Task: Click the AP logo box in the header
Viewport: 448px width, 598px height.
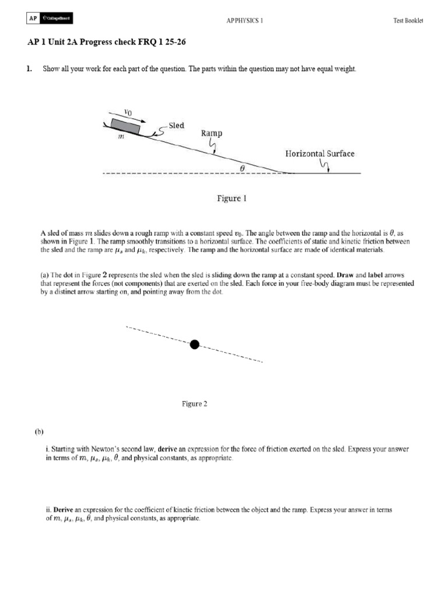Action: [33, 19]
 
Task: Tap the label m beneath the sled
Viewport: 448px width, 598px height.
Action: [121, 137]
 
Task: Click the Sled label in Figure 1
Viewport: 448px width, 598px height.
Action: [176, 126]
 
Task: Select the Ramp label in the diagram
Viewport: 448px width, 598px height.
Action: [212, 133]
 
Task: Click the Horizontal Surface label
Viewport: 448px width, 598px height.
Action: [320, 154]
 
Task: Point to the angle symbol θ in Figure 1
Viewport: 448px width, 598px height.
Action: [243, 166]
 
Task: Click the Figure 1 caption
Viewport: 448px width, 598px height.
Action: [232, 199]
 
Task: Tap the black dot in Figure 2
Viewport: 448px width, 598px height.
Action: [195, 345]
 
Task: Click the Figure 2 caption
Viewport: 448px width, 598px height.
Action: [194, 404]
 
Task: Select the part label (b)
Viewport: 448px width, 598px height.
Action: [39, 432]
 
